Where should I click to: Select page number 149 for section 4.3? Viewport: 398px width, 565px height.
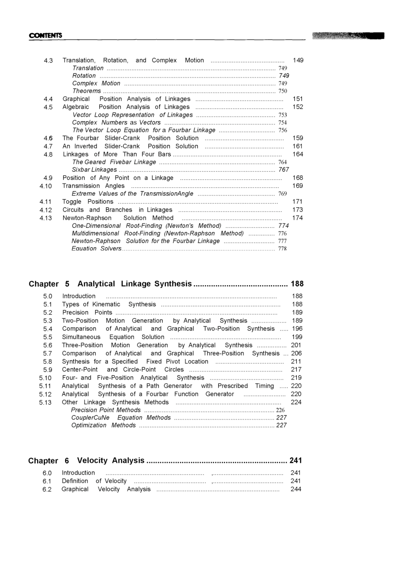tap(298, 60)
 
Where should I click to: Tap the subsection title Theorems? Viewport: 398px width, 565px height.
tap(87, 91)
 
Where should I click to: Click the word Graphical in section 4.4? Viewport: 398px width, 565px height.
tap(76, 99)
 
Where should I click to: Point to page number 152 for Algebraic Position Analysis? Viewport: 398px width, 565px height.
tap(298, 107)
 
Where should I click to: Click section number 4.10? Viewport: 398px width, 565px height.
tap(46, 186)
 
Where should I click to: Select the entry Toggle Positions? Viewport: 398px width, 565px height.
tap(88, 202)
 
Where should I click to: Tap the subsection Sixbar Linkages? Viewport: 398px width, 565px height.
tap(94, 170)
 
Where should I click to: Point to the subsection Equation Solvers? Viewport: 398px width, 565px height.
tap(97, 249)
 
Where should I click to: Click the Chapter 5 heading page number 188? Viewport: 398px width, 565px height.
tap(297, 284)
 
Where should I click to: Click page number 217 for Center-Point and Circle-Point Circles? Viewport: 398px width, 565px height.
tap(297, 370)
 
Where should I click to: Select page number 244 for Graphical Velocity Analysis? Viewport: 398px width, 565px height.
tap(296, 489)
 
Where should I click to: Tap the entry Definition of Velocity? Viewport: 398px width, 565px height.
tap(94, 481)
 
